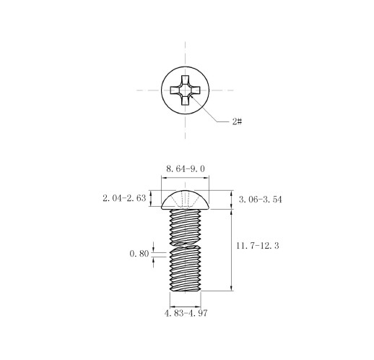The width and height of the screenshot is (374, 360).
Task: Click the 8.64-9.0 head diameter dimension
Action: tap(186, 168)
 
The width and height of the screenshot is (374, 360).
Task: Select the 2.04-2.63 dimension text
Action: tap(124, 198)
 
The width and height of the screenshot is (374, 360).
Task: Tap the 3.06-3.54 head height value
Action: tap(260, 200)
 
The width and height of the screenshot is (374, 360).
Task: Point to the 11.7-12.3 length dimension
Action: tap(258, 246)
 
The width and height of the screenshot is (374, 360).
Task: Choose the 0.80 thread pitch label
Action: tap(139, 254)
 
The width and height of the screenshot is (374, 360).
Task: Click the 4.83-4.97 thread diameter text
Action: tap(186, 313)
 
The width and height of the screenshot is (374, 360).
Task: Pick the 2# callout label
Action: tap(237, 121)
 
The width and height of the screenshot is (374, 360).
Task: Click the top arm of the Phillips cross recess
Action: tap(185, 80)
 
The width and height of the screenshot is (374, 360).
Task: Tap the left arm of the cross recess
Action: tap(175, 90)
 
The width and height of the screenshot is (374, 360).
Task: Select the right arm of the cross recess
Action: tap(196, 90)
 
